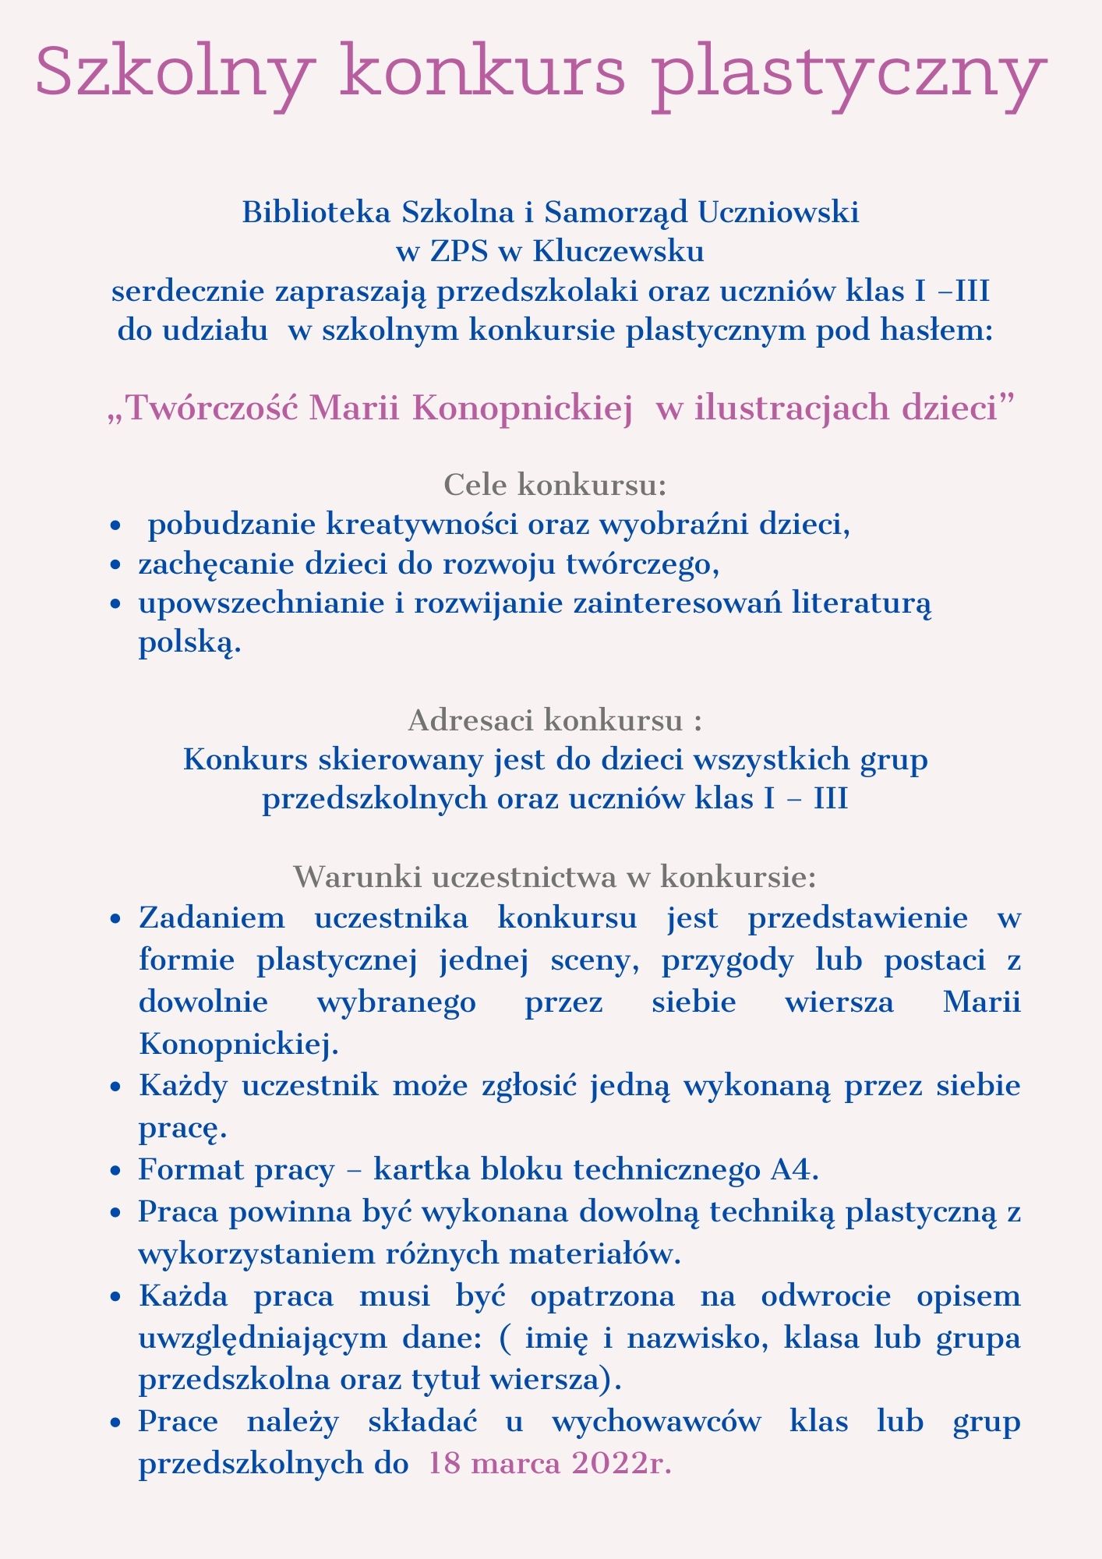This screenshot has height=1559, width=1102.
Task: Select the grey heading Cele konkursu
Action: tap(555, 485)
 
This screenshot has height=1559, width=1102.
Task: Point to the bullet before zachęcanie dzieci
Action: tap(115, 566)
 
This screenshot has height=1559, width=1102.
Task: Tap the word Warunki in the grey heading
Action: tap(354, 878)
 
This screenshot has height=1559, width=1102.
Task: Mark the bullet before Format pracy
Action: tap(115, 1172)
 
